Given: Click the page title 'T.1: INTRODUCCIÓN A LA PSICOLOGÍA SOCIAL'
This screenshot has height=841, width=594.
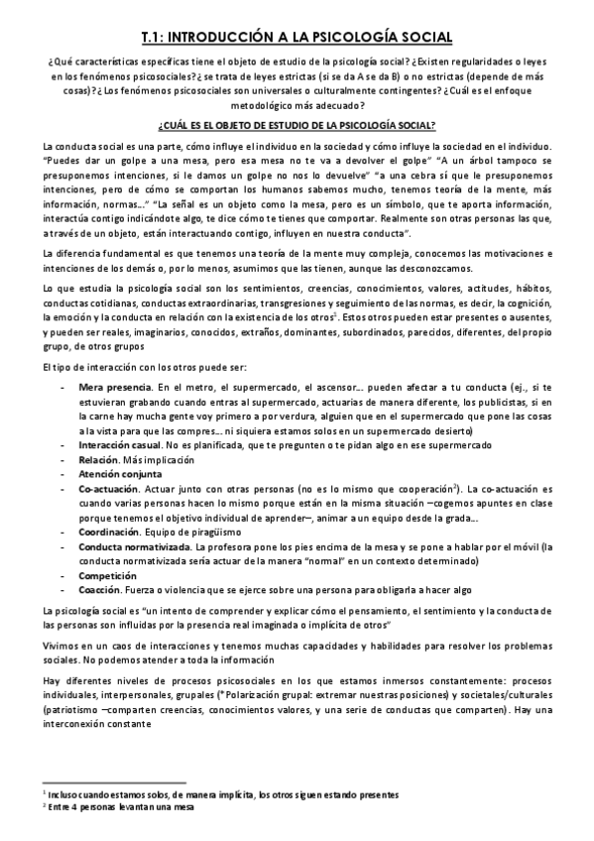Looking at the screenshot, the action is pos(297,38).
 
